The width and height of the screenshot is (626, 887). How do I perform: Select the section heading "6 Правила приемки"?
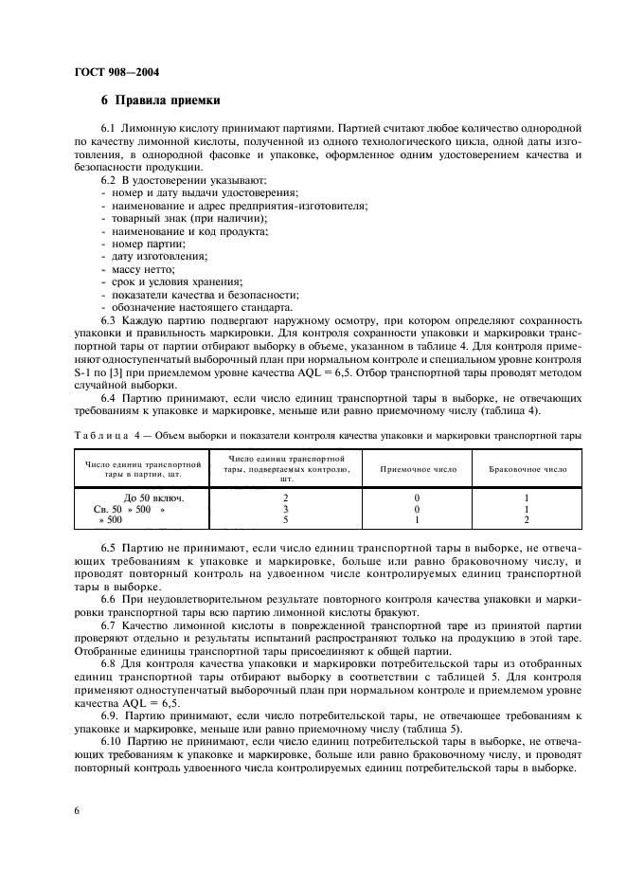(x=160, y=100)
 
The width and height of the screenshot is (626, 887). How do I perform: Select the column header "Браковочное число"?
(x=527, y=468)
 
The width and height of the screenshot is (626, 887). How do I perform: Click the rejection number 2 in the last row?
(x=526, y=519)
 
